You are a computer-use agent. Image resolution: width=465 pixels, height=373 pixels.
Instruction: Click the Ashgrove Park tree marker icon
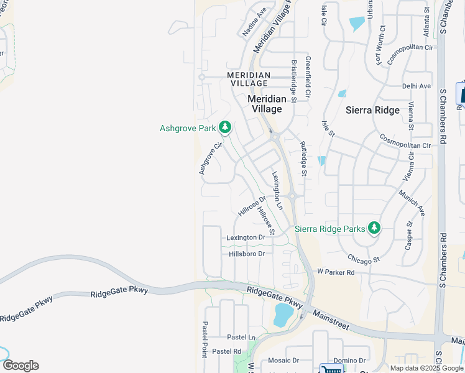click(225, 128)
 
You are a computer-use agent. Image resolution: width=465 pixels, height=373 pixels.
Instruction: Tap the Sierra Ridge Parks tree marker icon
click(374, 228)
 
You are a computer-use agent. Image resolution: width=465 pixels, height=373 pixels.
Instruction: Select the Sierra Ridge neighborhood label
click(372, 110)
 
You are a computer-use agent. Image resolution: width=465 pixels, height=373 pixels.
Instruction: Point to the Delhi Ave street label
click(417, 86)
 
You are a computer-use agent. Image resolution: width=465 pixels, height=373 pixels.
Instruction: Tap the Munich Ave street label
click(412, 203)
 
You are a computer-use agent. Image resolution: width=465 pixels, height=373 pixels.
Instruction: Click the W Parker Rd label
click(335, 272)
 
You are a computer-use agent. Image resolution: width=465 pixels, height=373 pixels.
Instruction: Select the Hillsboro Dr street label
click(247, 254)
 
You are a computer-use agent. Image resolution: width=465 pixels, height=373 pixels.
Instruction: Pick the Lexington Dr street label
click(246, 237)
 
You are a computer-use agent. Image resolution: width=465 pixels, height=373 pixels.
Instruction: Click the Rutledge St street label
click(303, 159)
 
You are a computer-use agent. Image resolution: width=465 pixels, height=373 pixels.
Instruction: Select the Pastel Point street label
click(205, 339)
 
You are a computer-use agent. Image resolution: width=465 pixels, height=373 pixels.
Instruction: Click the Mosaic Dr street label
click(283, 361)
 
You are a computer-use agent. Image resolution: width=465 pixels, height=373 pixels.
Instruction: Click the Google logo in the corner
click(20, 366)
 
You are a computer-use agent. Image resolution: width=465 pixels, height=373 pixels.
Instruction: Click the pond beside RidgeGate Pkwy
click(283, 315)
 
